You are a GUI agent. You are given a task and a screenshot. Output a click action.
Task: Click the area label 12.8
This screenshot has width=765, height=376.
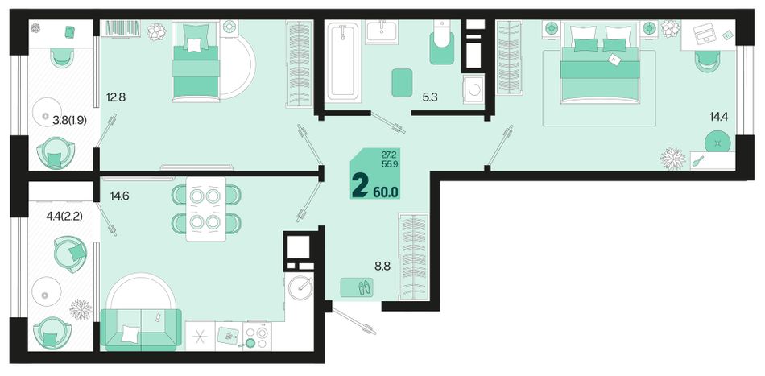[x=116, y=97]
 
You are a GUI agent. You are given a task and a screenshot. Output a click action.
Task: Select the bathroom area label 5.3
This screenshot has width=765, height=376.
[x=430, y=97]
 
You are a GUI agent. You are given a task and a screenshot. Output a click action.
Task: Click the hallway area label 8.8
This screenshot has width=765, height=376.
[x=383, y=267]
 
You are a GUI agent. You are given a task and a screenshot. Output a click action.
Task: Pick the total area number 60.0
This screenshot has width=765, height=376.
[x=386, y=192]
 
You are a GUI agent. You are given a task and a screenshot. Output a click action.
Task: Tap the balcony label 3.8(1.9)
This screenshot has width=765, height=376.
[x=69, y=120]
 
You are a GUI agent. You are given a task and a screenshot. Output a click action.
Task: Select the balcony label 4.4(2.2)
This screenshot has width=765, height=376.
[x=64, y=215]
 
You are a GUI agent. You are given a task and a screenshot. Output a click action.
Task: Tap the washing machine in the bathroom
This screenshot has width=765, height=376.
[x=473, y=90]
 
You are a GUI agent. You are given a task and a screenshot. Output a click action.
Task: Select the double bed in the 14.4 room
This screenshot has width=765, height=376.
[x=600, y=66]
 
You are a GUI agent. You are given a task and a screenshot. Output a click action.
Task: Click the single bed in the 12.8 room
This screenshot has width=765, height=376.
[x=195, y=61]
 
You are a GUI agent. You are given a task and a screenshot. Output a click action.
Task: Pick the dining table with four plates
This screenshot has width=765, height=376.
[x=206, y=209]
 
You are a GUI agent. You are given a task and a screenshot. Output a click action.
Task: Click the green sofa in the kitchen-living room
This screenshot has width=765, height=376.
[x=140, y=329]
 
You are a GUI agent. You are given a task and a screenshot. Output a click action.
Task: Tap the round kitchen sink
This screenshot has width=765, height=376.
[x=300, y=289]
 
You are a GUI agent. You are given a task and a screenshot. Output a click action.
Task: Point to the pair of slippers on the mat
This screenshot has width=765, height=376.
[x=365, y=287]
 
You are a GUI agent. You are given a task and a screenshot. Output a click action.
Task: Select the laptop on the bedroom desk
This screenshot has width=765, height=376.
[x=702, y=34]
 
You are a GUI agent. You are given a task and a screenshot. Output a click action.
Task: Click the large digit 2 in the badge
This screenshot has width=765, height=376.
[x=361, y=185]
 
